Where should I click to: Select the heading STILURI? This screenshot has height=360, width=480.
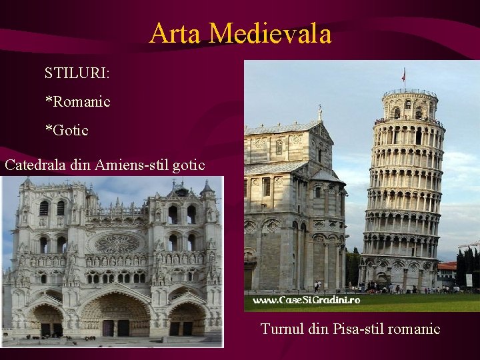pos(77,72)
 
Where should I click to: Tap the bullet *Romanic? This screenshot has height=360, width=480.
pos(77,102)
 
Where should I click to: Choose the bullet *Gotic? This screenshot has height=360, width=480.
pos(66,130)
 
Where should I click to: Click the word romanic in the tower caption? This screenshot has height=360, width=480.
pos(415,329)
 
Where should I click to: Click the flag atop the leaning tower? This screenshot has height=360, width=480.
pos(403,75)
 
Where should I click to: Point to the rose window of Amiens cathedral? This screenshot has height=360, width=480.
pos(117,243)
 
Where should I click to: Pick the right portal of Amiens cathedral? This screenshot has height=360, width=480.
pos(186,320)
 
